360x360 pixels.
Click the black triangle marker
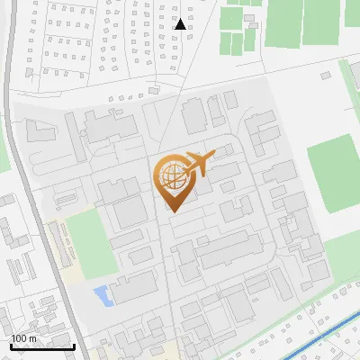point(180,24)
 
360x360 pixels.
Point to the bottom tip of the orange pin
point(172,212)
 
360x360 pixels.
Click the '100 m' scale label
point(24,337)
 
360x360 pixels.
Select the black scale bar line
point(42,346)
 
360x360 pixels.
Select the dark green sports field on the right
point(334,173)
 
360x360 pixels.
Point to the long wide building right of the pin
point(229,252)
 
